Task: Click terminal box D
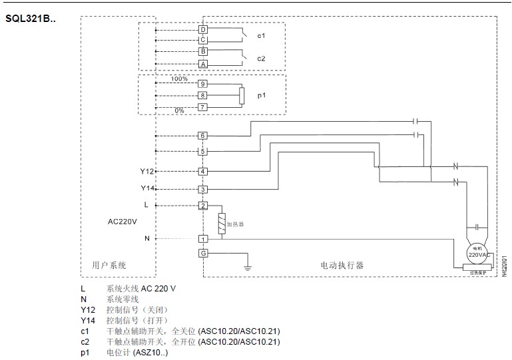(202, 30)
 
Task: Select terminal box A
(202, 64)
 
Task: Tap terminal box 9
(202, 85)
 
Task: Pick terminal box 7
(202, 107)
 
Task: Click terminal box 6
(202, 136)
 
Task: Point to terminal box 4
(202, 171)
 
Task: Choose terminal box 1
(202, 238)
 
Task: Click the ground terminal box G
(202, 253)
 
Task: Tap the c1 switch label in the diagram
(262, 35)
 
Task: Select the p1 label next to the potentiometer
(262, 96)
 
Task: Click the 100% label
(179, 79)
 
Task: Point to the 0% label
(179, 110)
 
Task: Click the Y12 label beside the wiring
(147, 171)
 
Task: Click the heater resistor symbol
(221, 224)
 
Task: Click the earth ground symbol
(248, 266)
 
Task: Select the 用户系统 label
(109, 265)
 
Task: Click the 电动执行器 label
(342, 265)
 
